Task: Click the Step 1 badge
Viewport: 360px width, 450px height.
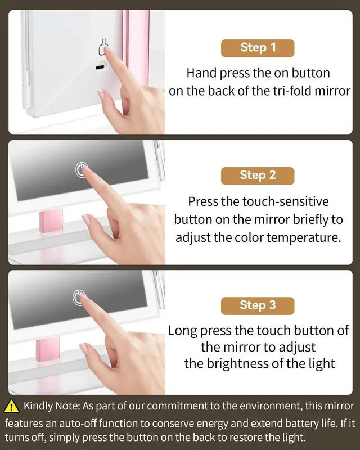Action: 258,47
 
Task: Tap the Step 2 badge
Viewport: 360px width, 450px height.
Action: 258,175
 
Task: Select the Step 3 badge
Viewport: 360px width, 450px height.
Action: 258,305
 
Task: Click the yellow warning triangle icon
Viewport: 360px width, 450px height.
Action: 11,406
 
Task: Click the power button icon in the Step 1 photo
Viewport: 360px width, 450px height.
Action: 102,47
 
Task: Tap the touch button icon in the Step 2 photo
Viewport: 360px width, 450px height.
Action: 82,168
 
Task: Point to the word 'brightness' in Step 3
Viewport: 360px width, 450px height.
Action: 235,363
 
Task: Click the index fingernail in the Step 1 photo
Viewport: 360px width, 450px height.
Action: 109,51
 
